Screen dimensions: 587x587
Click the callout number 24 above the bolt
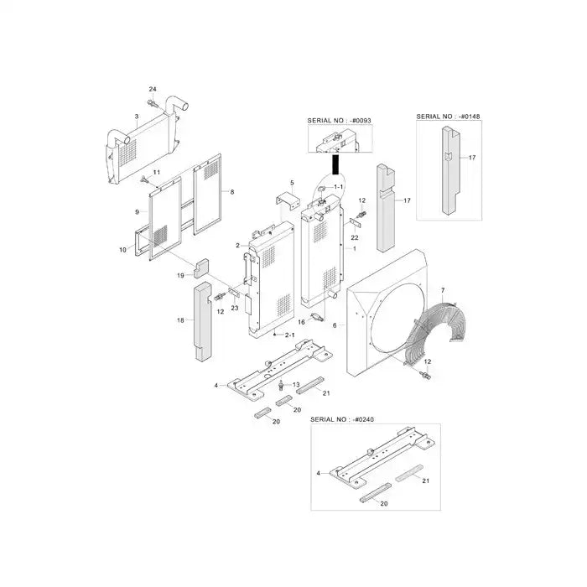click(152, 89)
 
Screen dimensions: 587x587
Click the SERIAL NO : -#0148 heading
click(447, 116)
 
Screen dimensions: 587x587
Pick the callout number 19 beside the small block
click(180, 276)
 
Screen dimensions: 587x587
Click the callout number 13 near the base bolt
click(294, 385)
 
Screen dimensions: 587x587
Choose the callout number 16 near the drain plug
click(301, 321)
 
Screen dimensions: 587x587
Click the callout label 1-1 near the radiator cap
click(339, 186)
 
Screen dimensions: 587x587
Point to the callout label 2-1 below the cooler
click(290, 335)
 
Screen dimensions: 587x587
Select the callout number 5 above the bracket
click(291, 183)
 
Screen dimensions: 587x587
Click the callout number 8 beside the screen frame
click(231, 192)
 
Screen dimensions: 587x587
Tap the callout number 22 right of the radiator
click(355, 238)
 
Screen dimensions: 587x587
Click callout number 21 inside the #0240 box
click(425, 481)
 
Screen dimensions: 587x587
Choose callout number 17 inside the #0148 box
click(472, 158)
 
